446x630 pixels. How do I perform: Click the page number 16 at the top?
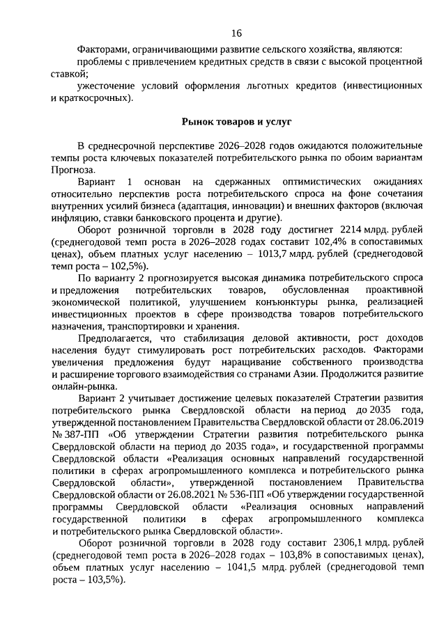pyautogui.click(x=236, y=33)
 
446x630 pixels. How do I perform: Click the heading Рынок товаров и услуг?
pyautogui.click(x=236, y=122)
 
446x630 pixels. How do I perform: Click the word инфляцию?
pyautogui.click(x=72, y=216)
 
